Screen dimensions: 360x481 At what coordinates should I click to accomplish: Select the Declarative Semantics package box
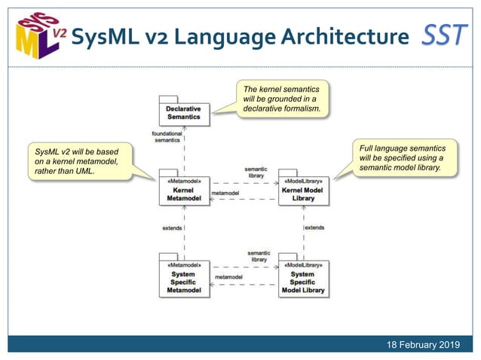[183, 112]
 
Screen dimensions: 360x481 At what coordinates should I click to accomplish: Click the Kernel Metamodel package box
[183, 190]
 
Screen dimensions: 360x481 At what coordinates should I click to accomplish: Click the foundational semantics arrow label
[167, 137]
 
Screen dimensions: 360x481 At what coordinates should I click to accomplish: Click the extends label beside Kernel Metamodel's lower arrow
[173, 227]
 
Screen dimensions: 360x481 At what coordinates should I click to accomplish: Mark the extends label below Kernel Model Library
[314, 227]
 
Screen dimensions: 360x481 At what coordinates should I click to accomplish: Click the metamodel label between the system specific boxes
[228, 277]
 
